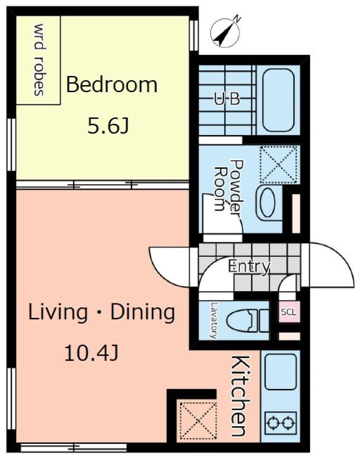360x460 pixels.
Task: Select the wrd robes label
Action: (x=40, y=60)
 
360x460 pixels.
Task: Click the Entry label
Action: (x=249, y=266)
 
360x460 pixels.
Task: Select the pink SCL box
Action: (x=289, y=312)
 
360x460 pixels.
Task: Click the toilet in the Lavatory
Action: (x=248, y=320)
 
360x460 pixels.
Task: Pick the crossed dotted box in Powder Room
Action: (x=279, y=165)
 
